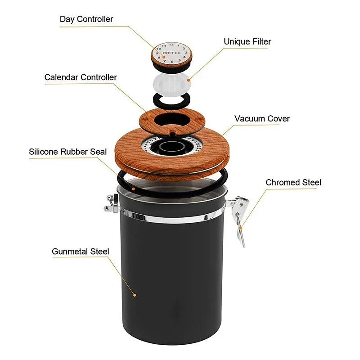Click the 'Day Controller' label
[86, 19]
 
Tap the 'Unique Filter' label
[247, 42]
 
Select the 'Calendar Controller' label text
[81, 77]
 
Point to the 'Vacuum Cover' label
[262, 119]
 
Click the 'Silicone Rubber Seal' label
[68, 152]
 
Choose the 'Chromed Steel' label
[293, 182]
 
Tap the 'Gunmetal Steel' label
[81, 252]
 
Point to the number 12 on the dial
[171, 45]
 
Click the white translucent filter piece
[171, 83]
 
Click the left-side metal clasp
[109, 202]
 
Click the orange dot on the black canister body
[134, 295]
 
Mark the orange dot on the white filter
[189, 80]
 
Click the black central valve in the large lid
[171, 147]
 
